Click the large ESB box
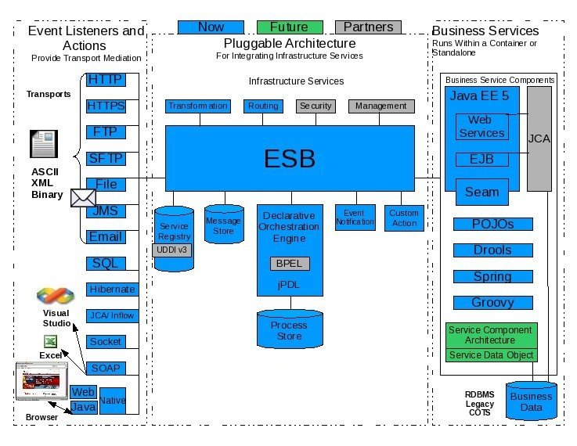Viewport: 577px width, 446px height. (x=289, y=159)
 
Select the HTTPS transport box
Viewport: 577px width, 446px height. (x=106, y=106)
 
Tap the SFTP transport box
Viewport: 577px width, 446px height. (x=106, y=158)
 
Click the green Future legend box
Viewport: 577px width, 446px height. (x=289, y=27)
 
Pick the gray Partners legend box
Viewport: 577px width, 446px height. (x=368, y=27)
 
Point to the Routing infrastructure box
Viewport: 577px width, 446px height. (x=262, y=106)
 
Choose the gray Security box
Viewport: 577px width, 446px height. (x=316, y=106)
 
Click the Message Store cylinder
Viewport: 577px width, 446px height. (x=223, y=226)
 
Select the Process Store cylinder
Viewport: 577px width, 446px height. (x=289, y=329)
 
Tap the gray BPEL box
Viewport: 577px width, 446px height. (x=289, y=264)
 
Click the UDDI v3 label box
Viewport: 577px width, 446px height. (x=172, y=250)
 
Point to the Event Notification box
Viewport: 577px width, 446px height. (x=355, y=217)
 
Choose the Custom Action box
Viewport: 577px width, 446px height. (x=404, y=217)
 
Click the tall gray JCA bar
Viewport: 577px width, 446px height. (x=539, y=138)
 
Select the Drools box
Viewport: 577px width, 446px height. (x=492, y=250)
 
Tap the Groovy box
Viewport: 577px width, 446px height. (x=492, y=303)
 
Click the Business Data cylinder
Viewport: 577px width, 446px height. (x=531, y=401)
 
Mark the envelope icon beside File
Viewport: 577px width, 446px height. (x=82, y=198)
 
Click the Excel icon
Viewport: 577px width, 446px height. (x=50, y=342)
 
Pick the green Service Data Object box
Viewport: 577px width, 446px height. (x=492, y=355)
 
